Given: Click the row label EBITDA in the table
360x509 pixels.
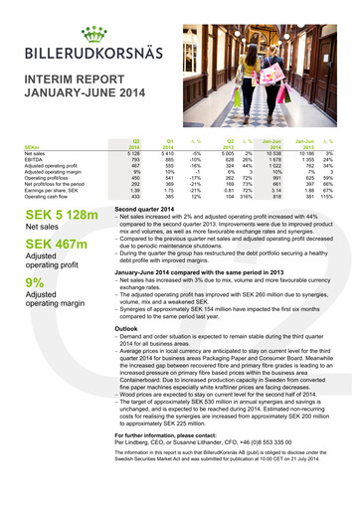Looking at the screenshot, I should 32,162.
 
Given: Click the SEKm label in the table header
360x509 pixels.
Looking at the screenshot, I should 31,149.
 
